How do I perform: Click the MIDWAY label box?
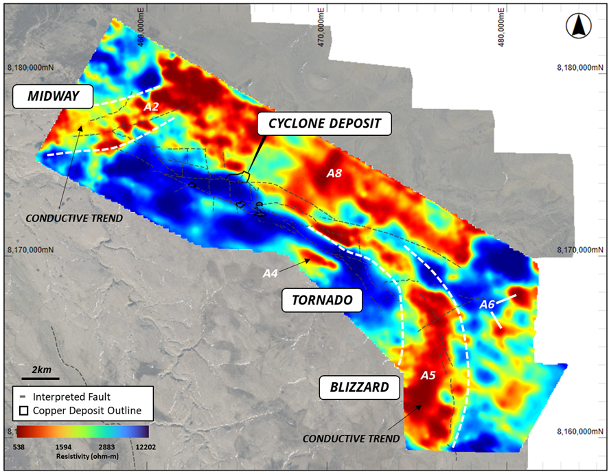[53, 97]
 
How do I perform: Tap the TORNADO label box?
[322, 300]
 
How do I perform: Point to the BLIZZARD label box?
[354, 387]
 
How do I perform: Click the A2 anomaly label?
[151, 108]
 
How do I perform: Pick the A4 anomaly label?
[270, 273]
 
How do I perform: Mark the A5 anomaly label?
[428, 375]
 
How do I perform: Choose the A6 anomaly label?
[487, 304]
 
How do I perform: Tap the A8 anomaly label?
[334, 174]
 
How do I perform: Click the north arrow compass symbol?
[577, 27]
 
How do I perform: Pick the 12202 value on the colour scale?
[137, 444]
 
